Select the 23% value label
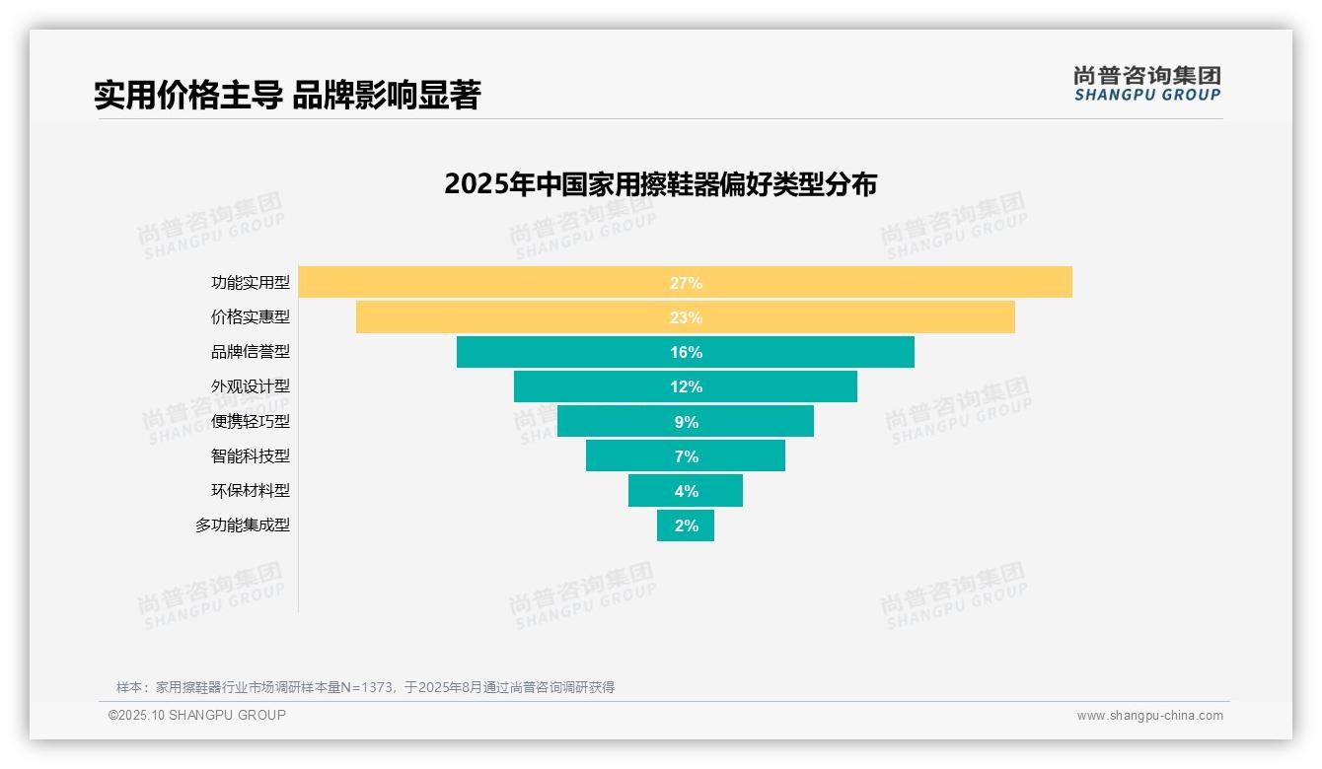[x=686, y=317]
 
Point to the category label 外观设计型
[x=251, y=386]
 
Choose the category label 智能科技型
[x=251, y=455]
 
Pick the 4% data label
[x=686, y=491]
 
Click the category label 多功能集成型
[x=243, y=525]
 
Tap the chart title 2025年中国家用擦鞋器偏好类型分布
[x=660, y=184]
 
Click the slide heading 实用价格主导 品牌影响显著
[x=286, y=96]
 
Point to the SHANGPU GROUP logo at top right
[x=1146, y=84]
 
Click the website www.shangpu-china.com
[x=1149, y=716]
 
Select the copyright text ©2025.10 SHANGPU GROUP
[x=197, y=715]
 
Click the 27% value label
[x=686, y=283]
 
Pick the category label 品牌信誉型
[x=251, y=352]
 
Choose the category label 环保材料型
[x=251, y=491]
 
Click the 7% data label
[x=686, y=456]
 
